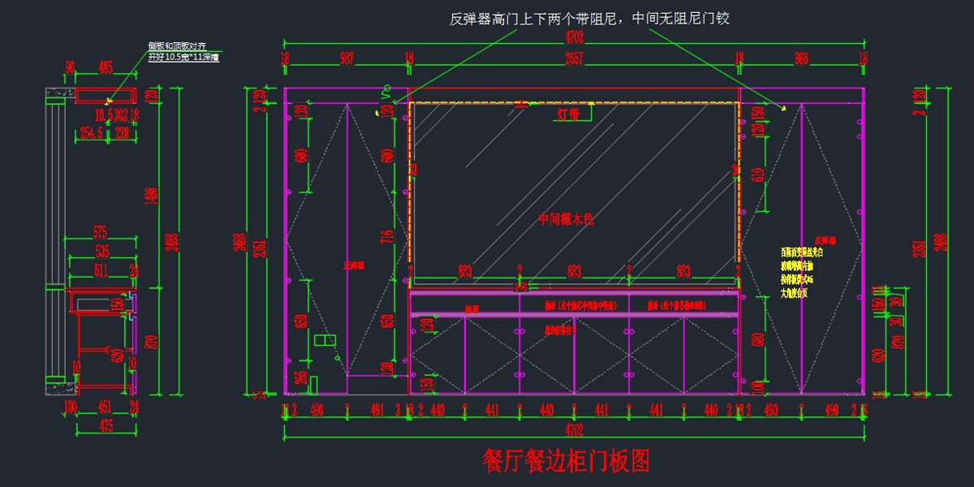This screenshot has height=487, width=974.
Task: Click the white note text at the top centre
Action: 590,18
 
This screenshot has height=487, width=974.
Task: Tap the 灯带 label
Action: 568,114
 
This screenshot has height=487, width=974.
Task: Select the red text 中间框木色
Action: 567,219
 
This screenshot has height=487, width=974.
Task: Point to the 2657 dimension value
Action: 574,58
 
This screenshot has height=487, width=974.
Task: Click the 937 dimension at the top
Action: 347,58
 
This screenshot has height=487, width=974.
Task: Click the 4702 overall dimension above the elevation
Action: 574,37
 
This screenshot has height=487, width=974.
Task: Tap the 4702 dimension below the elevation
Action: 574,431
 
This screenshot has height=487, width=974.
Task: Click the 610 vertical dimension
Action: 759,173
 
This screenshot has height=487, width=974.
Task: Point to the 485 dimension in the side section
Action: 106,67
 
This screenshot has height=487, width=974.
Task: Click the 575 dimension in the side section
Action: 100,231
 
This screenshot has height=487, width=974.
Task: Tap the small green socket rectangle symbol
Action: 325,339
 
